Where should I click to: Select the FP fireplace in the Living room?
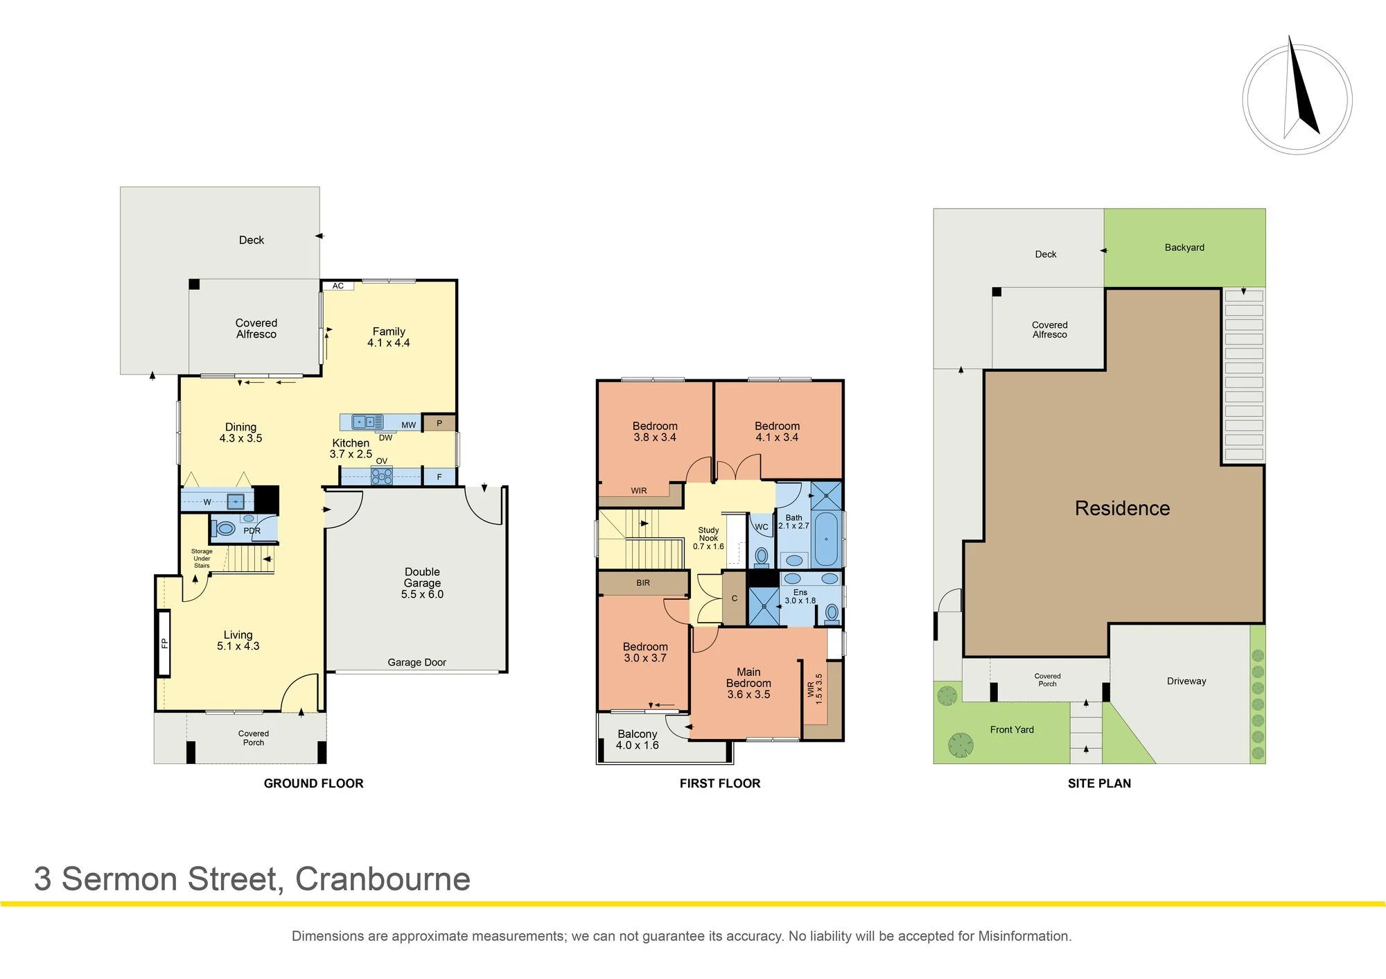click(x=164, y=643)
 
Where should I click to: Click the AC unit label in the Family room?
click(x=337, y=286)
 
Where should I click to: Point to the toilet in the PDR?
click(x=225, y=528)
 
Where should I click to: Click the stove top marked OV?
click(x=382, y=476)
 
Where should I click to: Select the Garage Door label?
click(x=416, y=662)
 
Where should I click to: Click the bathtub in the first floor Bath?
click(x=826, y=539)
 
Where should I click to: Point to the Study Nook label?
click(x=708, y=534)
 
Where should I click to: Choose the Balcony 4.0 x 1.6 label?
click(x=637, y=739)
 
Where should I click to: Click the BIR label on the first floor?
click(x=643, y=583)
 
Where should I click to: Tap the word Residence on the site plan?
click(x=1122, y=508)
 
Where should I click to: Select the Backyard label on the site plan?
click(x=1184, y=248)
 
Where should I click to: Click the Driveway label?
click(x=1186, y=681)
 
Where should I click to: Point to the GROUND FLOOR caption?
click(x=313, y=783)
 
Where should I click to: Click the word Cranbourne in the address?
click(x=383, y=879)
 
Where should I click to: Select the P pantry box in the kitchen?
click(x=439, y=423)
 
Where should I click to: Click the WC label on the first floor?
click(x=762, y=527)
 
